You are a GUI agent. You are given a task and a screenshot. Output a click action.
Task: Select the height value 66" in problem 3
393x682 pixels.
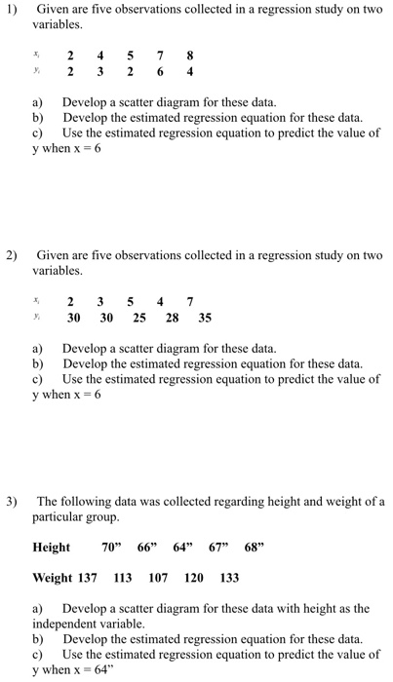click(148, 548)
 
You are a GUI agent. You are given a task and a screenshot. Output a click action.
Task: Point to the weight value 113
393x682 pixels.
click(123, 578)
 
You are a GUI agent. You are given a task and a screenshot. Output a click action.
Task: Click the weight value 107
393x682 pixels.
click(158, 578)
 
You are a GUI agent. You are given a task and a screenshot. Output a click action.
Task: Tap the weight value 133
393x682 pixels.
click(229, 578)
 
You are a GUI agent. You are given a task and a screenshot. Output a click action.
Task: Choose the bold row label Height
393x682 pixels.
click(52, 548)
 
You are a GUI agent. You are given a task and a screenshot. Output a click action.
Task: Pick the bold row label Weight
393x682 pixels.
click(53, 578)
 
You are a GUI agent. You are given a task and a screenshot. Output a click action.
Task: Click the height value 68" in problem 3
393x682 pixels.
click(253, 548)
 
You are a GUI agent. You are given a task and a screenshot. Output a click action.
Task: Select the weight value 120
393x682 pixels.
click(194, 578)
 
